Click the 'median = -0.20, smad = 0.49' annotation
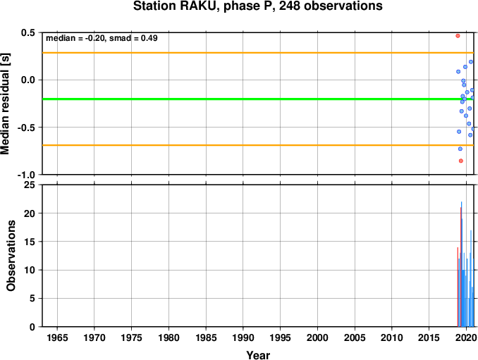(x=102, y=38)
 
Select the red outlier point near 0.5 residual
(x=458, y=36)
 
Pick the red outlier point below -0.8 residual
(x=461, y=161)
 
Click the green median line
(x=258, y=99)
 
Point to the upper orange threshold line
(x=258, y=53)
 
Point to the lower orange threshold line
(x=258, y=145)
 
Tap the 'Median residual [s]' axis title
(x=6, y=104)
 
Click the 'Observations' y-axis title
(x=11, y=256)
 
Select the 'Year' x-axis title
(x=258, y=355)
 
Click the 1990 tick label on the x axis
(x=243, y=337)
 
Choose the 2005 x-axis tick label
(x=355, y=337)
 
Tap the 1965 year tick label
(x=57, y=337)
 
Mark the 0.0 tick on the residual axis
(x=28, y=80)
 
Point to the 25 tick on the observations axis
(x=30, y=185)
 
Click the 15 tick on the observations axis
(x=30, y=242)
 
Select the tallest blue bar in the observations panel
(x=462, y=264)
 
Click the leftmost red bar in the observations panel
(x=458, y=287)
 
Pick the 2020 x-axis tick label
(x=467, y=337)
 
